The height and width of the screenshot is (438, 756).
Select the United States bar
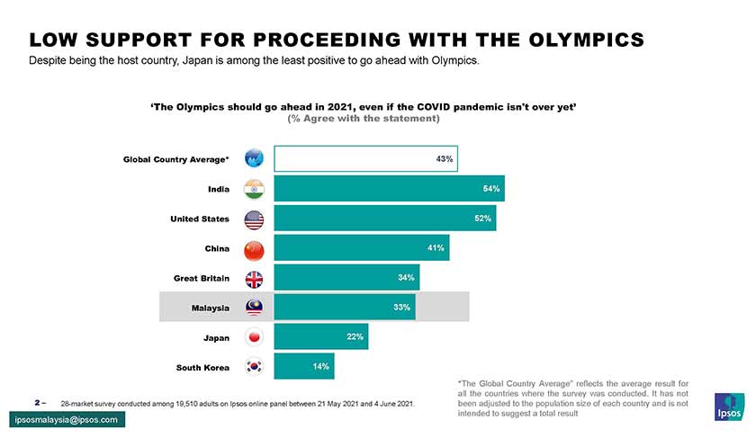[x=384, y=219]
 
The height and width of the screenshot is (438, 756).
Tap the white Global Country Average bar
[x=365, y=158]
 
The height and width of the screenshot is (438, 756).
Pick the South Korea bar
[x=303, y=366]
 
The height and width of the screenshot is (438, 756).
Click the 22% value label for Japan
[x=354, y=337]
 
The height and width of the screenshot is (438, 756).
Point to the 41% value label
[x=436, y=248]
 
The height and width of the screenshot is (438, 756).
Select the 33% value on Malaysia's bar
[x=402, y=308]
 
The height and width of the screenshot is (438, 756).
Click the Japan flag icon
[x=254, y=337]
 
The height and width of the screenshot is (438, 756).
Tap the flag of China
[x=254, y=248]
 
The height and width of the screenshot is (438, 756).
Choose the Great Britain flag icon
[x=254, y=278]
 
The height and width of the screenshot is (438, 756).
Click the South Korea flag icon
[x=254, y=367]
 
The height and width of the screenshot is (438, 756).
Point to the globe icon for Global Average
[x=254, y=159]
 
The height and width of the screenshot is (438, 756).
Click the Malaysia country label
[x=210, y=308]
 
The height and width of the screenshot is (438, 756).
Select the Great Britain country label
[x=202, y=278]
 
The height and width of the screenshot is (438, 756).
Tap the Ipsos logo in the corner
[x=728, y=407]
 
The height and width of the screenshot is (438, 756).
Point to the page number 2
[x=37, y=402]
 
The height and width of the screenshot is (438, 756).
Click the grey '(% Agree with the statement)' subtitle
[x=363, y=119]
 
